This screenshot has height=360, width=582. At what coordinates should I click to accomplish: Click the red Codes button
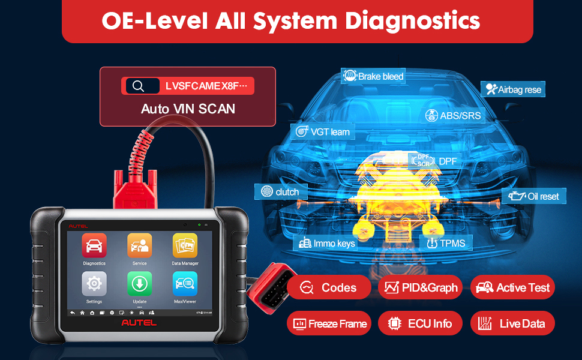pyautogui.click(x=328, y=287)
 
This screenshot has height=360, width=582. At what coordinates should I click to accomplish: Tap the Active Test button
pyautogui.click(x=512, y=287)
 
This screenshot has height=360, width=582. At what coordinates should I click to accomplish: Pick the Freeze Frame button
pyautogui.click(x=329, y=323)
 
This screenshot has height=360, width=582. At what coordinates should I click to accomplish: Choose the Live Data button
pyautogui.click(x=512, y=323)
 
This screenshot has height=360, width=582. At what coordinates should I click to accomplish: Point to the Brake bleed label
pyautogui.click(x=373, y=76)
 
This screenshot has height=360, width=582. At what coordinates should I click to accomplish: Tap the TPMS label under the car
pyautogui.click(x=446, y=244)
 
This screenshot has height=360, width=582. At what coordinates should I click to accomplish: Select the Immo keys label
pyautogui.click(x=326, y=243)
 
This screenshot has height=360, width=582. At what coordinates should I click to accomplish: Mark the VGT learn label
pyautogui.click(x=322, y=131)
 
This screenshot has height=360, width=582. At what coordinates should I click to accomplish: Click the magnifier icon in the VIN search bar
pyautogui.click(x=139, y=86)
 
